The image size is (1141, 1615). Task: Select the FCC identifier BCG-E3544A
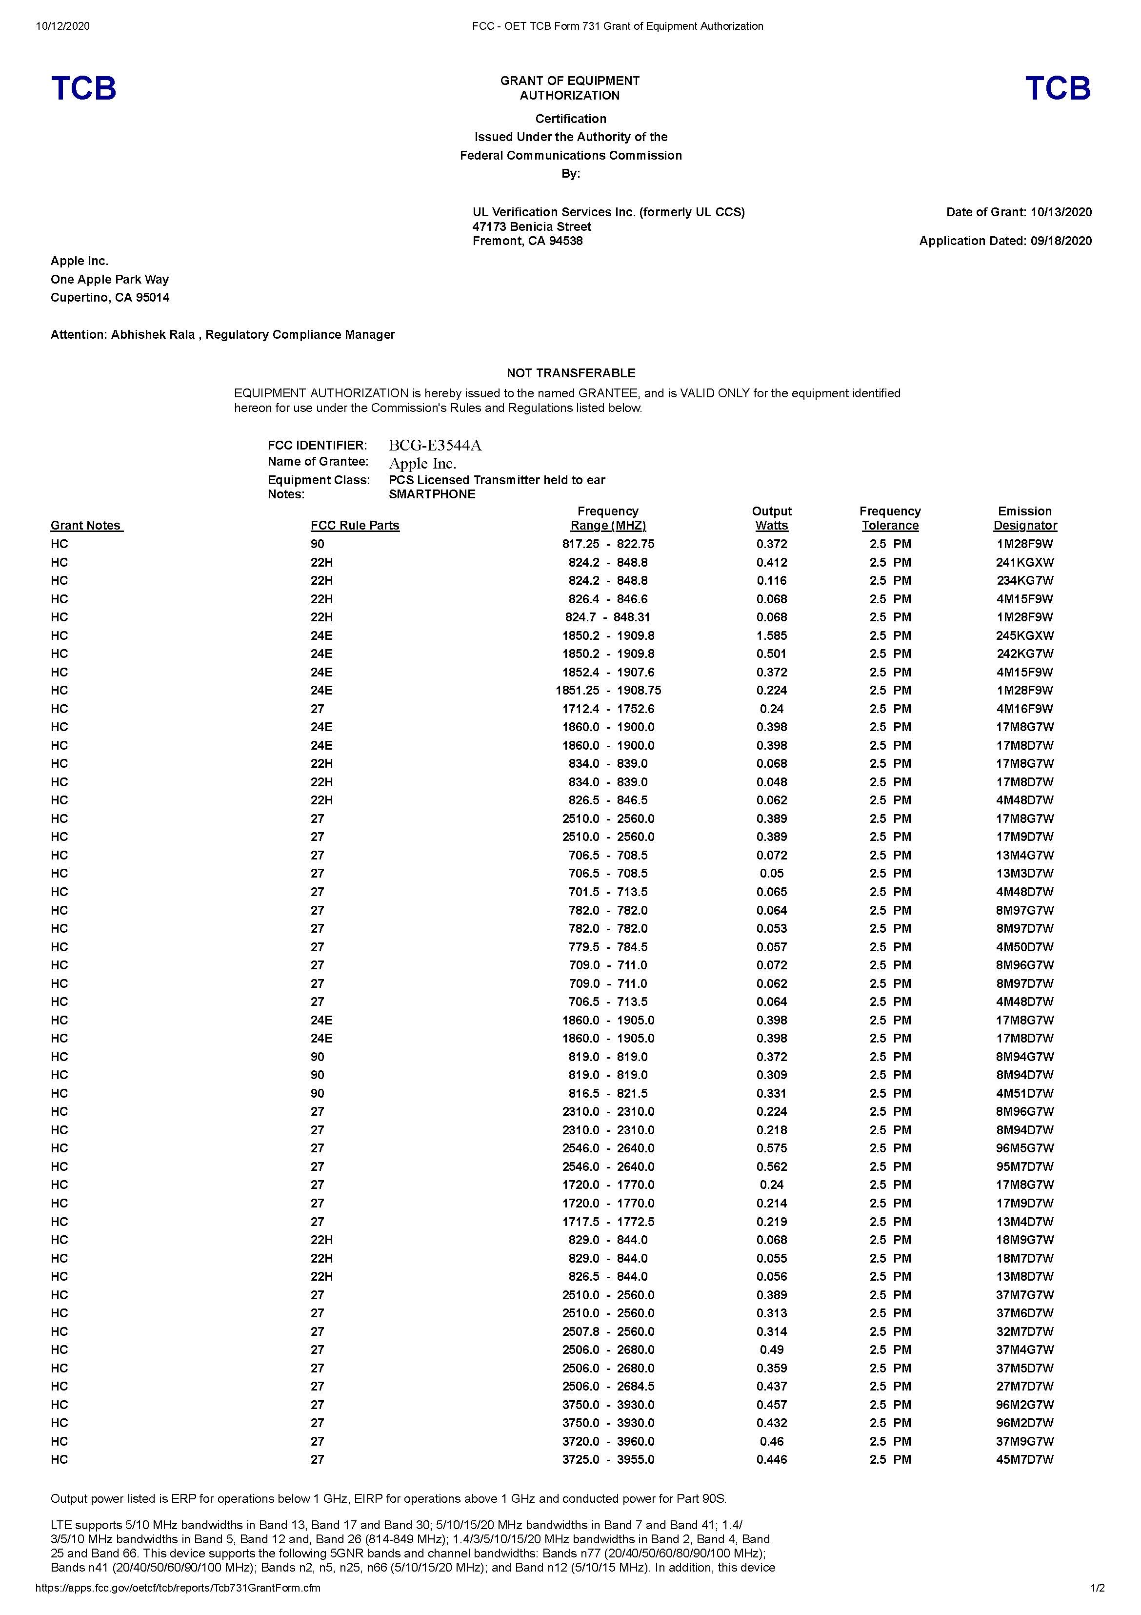[x=435, y=445]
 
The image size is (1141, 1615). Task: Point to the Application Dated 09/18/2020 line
[x=1005, y=241]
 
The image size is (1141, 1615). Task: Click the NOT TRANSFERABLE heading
[x=570, y=373]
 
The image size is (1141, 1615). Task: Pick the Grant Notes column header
[x=86, y=526]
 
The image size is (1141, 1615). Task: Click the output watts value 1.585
[x=771, y=635]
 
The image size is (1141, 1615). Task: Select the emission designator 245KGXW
[x=1024, y=635]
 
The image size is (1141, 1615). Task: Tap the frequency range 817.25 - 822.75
[x=607, y=544]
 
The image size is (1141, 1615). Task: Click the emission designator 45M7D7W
[x=1024, y=1459]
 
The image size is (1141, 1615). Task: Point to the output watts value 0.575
[x=771, y=1148]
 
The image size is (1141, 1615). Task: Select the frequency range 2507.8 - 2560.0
[x=607, y=1331]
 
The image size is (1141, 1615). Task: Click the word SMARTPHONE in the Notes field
[x=432, y=494]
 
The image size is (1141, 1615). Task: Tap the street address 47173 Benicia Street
[x=532, y=226]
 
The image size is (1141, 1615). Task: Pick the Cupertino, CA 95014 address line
[x=110, y=298]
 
